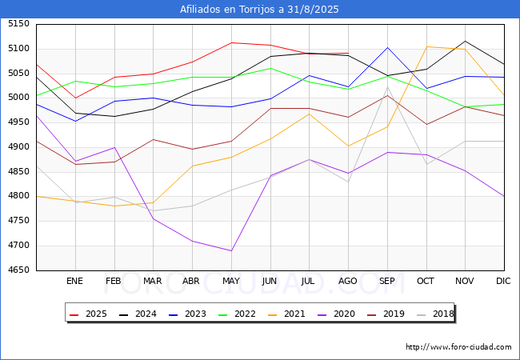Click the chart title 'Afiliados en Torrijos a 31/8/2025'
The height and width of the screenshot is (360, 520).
(259, 10)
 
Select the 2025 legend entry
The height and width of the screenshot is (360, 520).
(88, 314)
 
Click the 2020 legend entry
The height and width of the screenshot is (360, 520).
(336, 314)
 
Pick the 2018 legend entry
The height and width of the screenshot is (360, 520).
(435, 314)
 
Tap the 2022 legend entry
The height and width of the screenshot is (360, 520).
(237, 314)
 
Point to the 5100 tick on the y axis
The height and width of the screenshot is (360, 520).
(18, 48)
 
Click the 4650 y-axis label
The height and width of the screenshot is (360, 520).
(18, 270)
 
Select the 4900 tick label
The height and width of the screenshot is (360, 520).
(18, 147)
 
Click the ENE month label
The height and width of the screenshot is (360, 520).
(75, 281)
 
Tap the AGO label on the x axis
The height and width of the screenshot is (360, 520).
(347, 281)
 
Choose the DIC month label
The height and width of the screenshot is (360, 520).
(503, 281)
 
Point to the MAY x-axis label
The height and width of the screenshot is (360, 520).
(231, 281)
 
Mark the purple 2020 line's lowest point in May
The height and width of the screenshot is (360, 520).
(231, 250)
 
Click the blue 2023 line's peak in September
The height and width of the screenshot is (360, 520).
(387, 47)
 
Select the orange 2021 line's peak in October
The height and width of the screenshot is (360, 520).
(426, 46)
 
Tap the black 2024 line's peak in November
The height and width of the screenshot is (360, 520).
(466, 41)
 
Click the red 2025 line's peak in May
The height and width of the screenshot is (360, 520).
(231, 42)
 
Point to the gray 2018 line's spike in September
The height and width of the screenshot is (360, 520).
(387, 87)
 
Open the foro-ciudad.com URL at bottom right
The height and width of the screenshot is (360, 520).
(458, 347)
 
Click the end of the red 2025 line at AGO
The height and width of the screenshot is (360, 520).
(348, 53)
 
